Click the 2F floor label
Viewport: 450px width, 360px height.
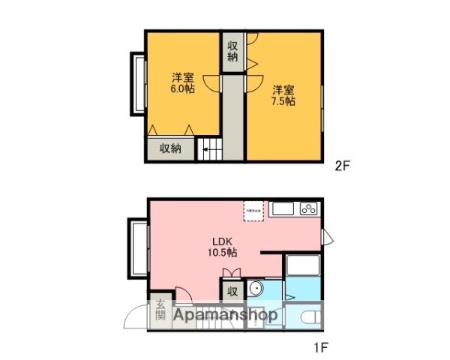pos(343,167)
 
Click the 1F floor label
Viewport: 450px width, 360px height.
pos(321,348)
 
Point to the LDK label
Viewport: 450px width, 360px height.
pos(220,241)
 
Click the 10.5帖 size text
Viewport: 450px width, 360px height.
pos(220,253)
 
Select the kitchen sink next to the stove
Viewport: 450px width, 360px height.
pos(283,208)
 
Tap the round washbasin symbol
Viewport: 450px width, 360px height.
pos(256,288)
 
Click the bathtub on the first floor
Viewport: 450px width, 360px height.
pos(303,266)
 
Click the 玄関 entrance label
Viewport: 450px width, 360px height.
pos(160,310)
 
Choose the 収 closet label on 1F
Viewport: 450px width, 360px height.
pos(232,290)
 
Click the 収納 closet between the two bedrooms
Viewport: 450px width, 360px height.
pos(232,50)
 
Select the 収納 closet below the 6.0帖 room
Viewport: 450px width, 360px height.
pos(170,148)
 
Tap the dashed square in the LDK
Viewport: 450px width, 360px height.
pos(253,210)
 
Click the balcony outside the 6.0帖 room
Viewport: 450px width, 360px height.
pos(139,83)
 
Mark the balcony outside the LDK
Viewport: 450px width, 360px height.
pos(139,247)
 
